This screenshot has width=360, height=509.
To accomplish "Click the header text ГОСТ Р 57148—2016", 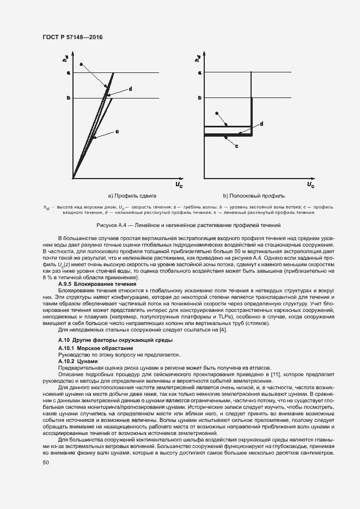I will (x=72, y=37).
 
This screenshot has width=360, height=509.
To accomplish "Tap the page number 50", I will (x=46, y=463).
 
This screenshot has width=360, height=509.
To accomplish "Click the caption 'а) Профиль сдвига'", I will (x=132, y=195).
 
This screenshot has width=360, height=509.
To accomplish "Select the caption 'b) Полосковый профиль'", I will (x=254, y=195).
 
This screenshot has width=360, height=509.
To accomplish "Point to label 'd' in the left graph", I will (x=131, y=89).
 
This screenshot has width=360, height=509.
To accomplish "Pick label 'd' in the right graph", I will (x=262, y=124).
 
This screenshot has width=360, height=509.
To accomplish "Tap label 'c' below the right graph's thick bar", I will (x=236, y=146).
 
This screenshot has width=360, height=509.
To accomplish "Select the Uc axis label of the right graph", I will (x=310, y=185).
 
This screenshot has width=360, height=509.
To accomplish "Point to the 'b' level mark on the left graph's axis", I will (x=69, y=98).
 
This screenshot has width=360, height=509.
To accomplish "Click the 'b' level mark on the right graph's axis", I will (x=200, y=98).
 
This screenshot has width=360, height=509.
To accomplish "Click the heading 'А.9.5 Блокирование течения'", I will (x=94, y=284).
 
